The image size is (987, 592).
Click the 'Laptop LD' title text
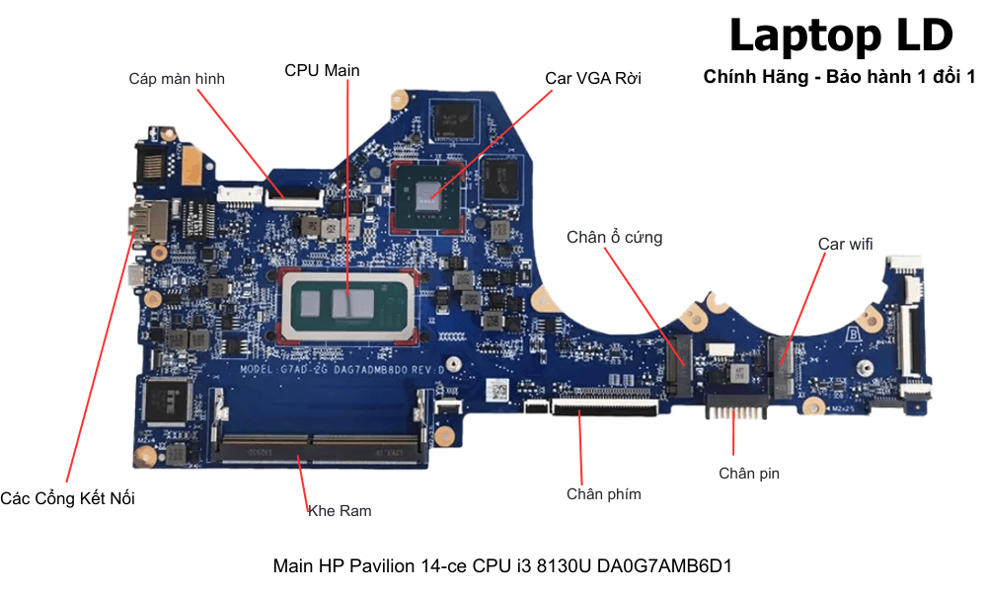[x=841, y=36]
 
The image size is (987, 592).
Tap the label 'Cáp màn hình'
[x=177, y=79]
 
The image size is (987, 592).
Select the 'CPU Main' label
[x=322, y=70]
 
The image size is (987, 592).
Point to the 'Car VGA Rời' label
[x=593, y=78]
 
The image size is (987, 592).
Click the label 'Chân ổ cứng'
[x=614, y=237]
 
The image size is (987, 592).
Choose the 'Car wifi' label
[x=845, y=243]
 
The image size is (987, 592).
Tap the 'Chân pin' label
[x=748, y=474]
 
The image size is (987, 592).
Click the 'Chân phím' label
[x=603, y=493]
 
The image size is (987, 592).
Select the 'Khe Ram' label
[x=340, y=510]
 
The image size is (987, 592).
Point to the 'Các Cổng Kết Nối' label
[x=67, y=498]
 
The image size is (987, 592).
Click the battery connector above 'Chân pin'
[x=733, y=405]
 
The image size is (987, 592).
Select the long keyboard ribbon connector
[x=603, y=407]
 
